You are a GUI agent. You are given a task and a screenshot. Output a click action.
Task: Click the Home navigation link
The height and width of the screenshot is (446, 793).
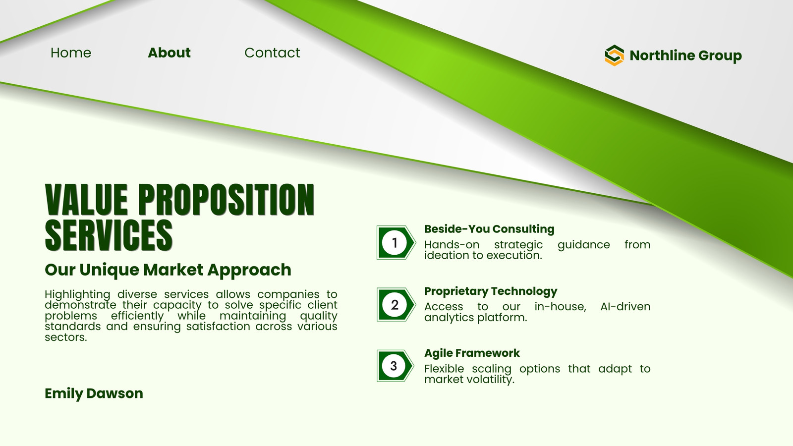tap(71, 53)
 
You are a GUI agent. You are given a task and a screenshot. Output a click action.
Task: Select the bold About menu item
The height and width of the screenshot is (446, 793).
tap(169, 53)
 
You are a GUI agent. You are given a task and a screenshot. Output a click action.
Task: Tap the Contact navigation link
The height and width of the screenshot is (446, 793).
tap(272, 53)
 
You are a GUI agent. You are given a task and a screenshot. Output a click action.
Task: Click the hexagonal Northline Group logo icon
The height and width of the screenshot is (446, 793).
tap(614, 55)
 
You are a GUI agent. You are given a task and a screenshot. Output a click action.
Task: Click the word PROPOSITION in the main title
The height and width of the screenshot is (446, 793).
tap(226, 200)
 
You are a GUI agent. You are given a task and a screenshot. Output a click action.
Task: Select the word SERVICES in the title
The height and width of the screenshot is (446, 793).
tap(109, 235)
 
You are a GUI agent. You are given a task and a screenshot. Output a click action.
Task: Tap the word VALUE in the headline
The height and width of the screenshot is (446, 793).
tap(86, 200)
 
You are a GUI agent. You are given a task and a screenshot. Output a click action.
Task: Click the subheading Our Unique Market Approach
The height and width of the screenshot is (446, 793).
tap(168, 270)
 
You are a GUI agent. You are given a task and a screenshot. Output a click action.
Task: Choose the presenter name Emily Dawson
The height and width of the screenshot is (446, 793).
tap(94, 393)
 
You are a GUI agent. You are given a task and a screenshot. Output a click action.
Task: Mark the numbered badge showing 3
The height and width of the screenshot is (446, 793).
tap(395, 366)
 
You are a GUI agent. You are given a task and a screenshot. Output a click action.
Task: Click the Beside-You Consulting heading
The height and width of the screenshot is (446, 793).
tap(489, 229)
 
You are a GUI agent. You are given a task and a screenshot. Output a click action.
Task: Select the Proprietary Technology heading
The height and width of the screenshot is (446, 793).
tap(491, 291)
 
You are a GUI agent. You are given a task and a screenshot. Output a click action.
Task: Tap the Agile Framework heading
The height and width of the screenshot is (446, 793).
tap(472, 353)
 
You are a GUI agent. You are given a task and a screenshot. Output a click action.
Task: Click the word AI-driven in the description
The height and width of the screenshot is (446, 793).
tap(625, 307)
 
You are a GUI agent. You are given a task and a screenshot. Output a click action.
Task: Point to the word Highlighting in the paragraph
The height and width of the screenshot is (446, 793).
tap(77, 294)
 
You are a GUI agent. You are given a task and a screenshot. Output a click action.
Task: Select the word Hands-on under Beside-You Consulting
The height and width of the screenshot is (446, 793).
tap(452, 245)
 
